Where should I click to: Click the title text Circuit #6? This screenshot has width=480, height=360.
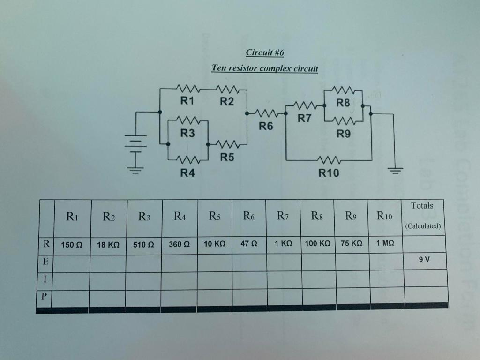[x=264, y=52]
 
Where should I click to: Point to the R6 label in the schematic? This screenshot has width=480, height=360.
[x=266, y=126]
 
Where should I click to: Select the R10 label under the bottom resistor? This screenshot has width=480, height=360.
[x=328, y=173]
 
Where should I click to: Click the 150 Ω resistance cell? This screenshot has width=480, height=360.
[x=72, y=245]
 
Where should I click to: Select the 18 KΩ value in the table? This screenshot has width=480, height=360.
[x=108, y=245]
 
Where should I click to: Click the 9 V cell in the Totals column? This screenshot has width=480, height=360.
[x=425, y=259]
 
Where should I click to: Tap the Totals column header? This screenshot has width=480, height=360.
[x=422, y=205]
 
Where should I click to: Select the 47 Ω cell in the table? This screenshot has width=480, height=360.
[x=249, y=244]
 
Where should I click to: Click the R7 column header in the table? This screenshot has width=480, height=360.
[x=283, y=216]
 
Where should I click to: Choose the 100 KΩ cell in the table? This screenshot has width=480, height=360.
[x=317, y=244]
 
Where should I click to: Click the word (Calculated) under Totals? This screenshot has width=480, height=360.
[x=422, y=226]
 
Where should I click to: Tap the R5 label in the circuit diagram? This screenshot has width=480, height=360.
[x=227, y=157]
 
